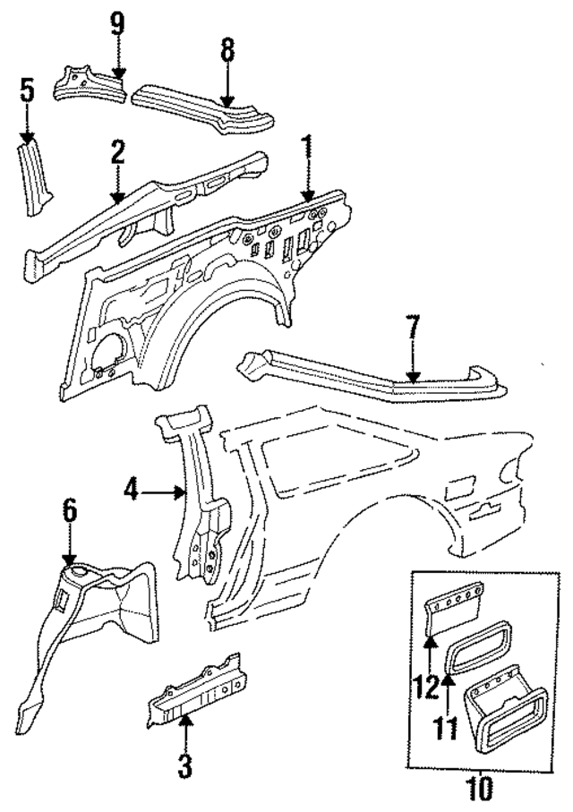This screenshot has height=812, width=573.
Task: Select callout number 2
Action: [116, 152]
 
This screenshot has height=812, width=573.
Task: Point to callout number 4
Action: [131, 491]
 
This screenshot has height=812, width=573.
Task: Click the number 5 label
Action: [27, 90]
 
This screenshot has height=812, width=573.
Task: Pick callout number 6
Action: [69, 512]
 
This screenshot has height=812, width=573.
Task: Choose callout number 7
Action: [412, 328]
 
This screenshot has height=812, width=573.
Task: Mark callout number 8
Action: [227, 51]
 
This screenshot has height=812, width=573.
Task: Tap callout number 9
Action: [117, 21]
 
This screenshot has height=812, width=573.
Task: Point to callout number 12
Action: [426, 688]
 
